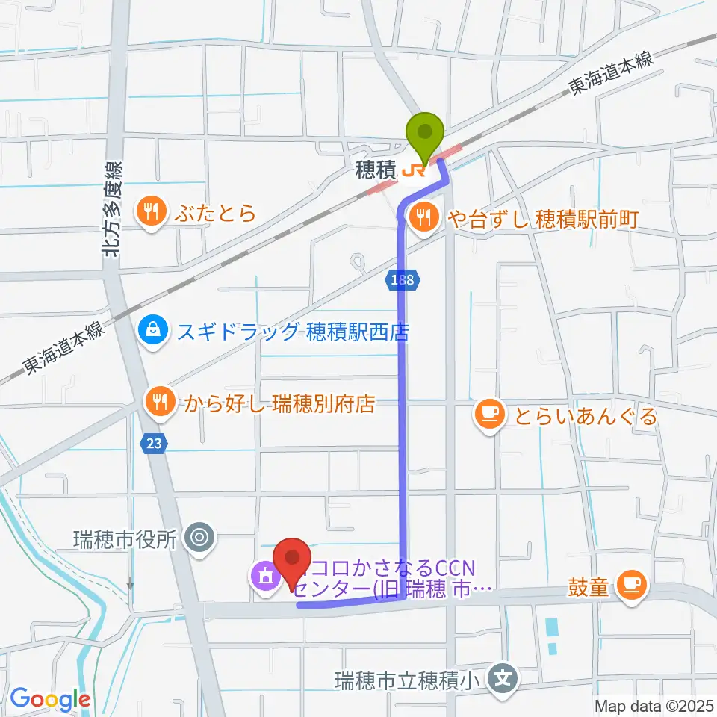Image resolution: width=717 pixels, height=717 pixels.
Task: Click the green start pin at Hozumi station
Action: point(424,135)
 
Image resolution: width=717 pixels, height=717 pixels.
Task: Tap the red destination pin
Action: point(293,560)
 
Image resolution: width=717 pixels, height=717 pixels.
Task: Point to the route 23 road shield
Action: point(154,443)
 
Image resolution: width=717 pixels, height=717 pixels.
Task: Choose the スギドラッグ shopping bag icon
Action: point(153,330)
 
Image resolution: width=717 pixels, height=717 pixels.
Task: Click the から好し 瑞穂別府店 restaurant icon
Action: point(158,403)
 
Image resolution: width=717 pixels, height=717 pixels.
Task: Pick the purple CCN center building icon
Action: point(264,576)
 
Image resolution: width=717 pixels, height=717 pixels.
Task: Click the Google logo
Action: point(50,699)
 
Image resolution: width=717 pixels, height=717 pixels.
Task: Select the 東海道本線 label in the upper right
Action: point(611,72)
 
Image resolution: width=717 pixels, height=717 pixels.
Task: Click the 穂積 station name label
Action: point(375,172)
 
